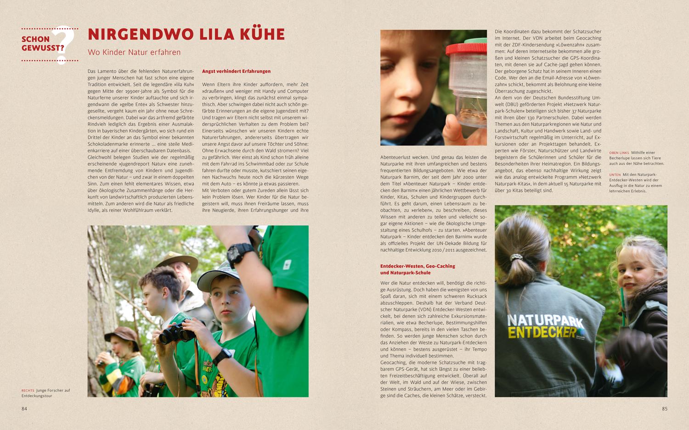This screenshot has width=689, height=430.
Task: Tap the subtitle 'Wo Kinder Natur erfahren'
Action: click(134, 52)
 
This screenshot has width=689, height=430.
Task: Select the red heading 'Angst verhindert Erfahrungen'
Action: click(236, 72)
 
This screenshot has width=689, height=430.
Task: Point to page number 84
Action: click(24, 408)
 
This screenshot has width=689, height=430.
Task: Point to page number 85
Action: click(664, 408)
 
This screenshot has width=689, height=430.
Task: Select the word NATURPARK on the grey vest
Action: click(545, 318)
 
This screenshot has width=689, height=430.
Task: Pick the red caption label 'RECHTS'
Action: click(28, 391)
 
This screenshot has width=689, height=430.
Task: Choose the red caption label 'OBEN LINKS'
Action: click(619, 153)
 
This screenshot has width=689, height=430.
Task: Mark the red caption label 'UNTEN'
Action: click(615, 175)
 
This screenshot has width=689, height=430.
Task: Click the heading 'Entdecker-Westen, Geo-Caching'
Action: click(418, 266)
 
